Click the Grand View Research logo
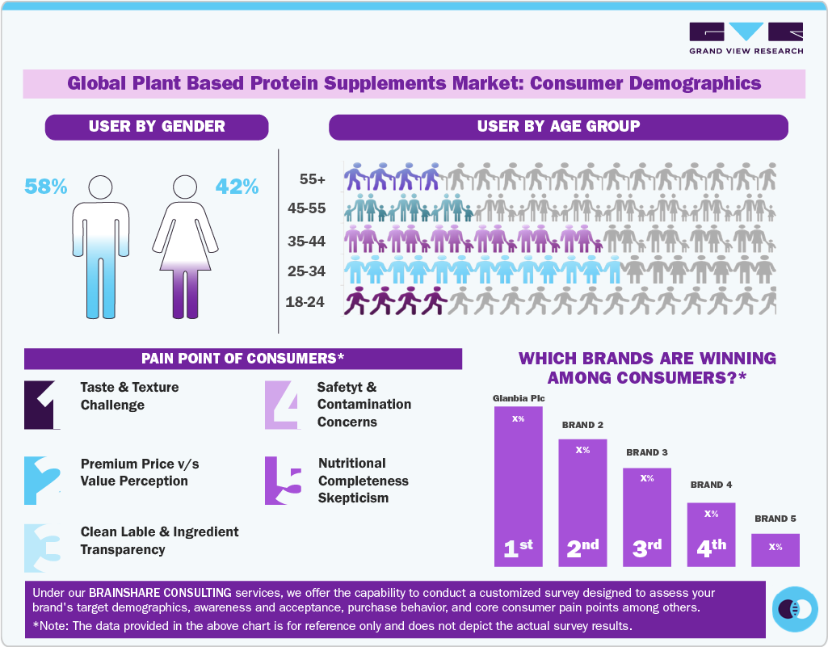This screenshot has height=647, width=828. tap(746, 38)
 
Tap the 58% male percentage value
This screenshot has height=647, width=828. tap(46, 187)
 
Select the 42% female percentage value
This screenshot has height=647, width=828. tap(237, 187)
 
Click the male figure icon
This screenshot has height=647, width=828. tap(101, 246)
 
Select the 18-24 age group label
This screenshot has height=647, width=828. tap(305, 302)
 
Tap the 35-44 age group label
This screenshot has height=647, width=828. tap(306, 241)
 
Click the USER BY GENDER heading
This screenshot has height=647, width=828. tap(157, 127)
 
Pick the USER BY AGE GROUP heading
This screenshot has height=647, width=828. tap(558, 127)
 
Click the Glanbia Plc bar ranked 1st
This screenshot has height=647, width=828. tap(519, 485)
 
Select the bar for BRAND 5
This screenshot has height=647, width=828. tap(775, 549)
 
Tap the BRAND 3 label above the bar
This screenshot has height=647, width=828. tap(646, 452)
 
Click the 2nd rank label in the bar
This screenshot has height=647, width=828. tap(582, 548)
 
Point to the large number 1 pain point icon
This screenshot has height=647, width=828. tap(42, 404)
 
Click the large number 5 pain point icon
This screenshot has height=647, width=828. tap(283, 481)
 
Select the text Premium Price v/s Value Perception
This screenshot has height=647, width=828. tap(140, 473)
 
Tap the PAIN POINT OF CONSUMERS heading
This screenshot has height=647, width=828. tap(243, 359)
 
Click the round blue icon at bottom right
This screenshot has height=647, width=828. tap(796, 609)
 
